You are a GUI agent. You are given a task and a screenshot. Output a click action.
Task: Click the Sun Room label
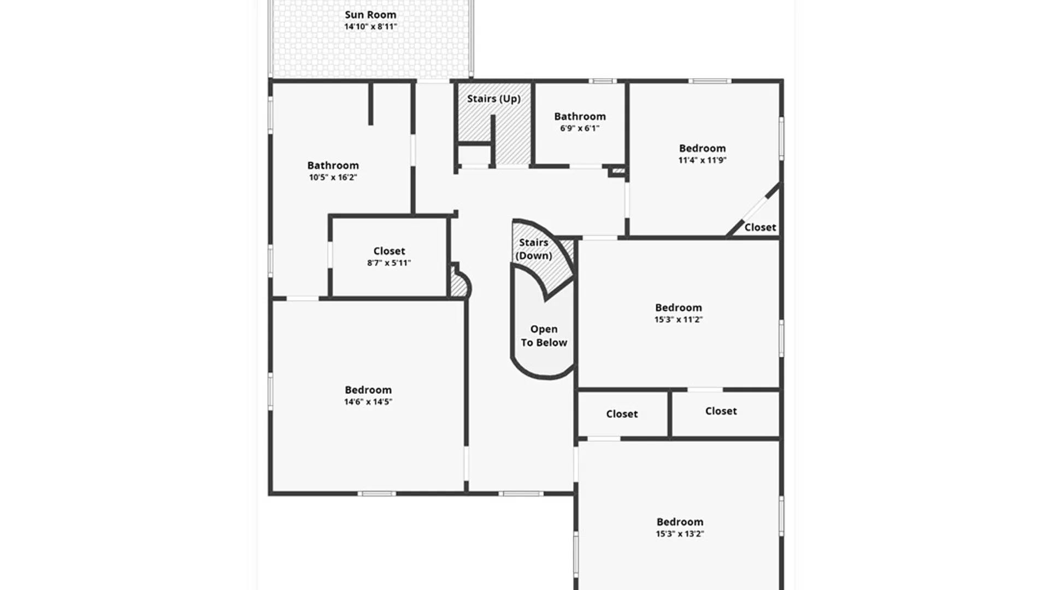[x=370, y=15]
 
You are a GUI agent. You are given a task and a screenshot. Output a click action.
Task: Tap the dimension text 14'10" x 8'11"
[x=370, y=27]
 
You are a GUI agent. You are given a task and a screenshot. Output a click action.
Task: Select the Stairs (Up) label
[x=494, y=99]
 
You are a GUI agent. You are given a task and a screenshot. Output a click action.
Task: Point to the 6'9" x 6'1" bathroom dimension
[x=580, y=128]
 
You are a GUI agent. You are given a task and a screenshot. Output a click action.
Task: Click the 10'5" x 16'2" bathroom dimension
[x=333, y=178]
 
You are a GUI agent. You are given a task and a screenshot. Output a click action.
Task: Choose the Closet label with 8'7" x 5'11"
[x=389, y=251]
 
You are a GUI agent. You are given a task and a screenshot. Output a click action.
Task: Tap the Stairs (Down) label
[x=534, y=249]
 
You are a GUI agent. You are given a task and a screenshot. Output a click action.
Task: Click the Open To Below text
[x=544, y=336]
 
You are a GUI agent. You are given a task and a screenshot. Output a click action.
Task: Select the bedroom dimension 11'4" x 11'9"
[x=702, y=161]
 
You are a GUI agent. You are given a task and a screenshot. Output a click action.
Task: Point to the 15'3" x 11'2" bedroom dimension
[x=679, y=320]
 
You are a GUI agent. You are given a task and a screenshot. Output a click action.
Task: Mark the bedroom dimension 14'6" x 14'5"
[x=368, y=402]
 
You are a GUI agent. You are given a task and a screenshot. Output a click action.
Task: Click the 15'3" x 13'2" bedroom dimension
[x=680, y=534]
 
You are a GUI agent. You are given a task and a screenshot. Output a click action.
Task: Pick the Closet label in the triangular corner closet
[x=760, y=227]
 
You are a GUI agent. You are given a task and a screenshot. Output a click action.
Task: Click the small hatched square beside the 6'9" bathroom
[x=618, y=171]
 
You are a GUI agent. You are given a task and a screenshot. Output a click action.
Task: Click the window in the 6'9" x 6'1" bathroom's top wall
[x=603, y=81]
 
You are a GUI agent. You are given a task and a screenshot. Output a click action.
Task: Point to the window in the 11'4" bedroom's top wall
[x=709, y=81]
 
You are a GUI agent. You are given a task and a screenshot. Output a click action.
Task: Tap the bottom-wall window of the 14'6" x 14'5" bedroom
[x=376, y=494]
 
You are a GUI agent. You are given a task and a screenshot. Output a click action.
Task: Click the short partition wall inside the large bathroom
[x=370, y=103]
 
